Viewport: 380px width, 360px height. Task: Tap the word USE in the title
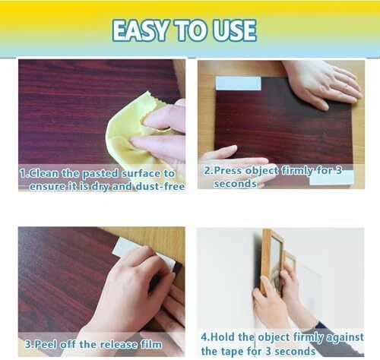[x=234, y=30]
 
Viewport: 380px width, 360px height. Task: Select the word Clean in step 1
[x=43, y=174]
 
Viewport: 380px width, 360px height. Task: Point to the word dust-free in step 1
[x=160, y=187]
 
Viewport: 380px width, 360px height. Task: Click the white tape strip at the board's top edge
[x=238, y=84]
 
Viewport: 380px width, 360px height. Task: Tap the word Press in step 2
[x=229, y=170]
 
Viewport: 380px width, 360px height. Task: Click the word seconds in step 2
[x=235, y=184]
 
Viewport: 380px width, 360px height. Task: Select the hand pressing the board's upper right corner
[x=323, y=84]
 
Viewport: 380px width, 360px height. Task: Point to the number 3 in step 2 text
[x=339, y=170]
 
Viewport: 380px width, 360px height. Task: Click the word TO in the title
[x=191, y=30]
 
